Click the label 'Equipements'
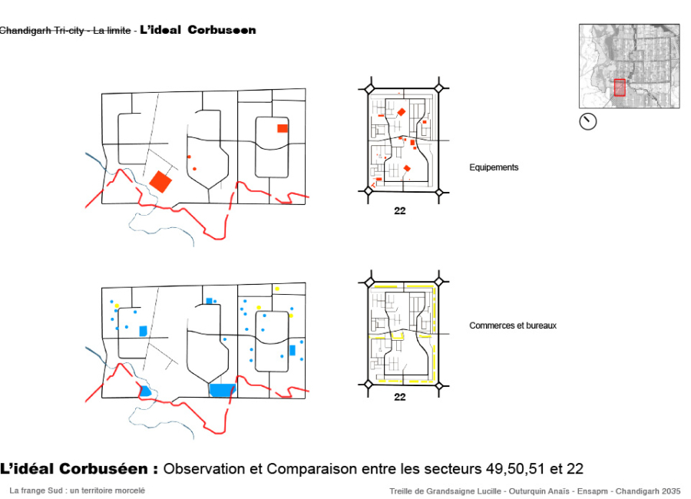coord(494,167)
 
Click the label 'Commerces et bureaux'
coord(513,326)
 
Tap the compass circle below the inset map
coord(587,121)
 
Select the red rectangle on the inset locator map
coord(620,88)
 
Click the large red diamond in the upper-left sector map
coord(161,181)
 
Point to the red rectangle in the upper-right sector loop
coord(283,128)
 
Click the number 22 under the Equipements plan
coord(399,211)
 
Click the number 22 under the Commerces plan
coord(399,397)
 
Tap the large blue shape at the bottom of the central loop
coord(222,390)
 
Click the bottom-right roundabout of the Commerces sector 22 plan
coord(438,384)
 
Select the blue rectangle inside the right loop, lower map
coord(292,350)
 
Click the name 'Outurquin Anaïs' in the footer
coord(518,491)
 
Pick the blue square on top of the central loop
coord(209,300)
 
